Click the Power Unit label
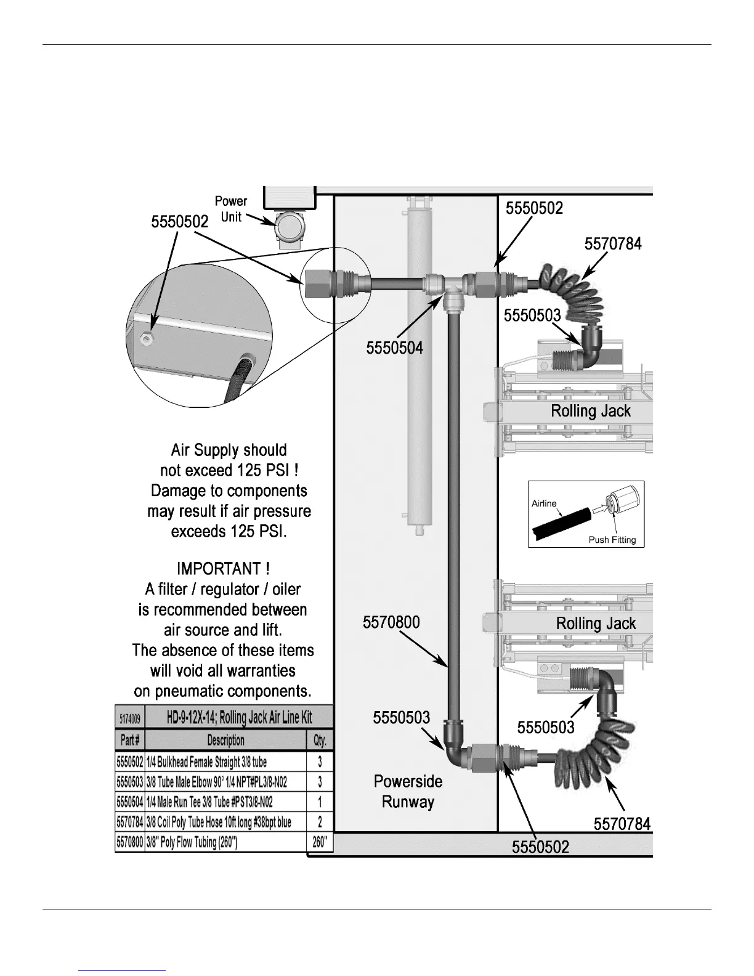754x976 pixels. [x=230, y=209]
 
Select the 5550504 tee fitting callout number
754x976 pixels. [x=394, y=348]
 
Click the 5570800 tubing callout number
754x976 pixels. [x=391, y=622]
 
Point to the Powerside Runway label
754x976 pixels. [x=408, y=792]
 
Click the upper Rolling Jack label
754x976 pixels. [x=591, y=411]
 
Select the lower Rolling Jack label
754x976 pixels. [x=596, y=623]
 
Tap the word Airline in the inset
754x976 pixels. [x=544, y=503]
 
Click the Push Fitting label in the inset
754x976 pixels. [x=612, y=540]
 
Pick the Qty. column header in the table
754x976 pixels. [x=320, y=740]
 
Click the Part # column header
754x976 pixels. [x=129, y=740]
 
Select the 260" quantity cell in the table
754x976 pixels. [x=320, y=842]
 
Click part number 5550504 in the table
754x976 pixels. [x=129, y=802]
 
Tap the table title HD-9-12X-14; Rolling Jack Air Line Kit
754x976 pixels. [x=239, y=717]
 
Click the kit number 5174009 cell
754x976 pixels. [x=129, y=718]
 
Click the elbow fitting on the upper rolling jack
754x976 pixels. [x=590, y=352]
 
